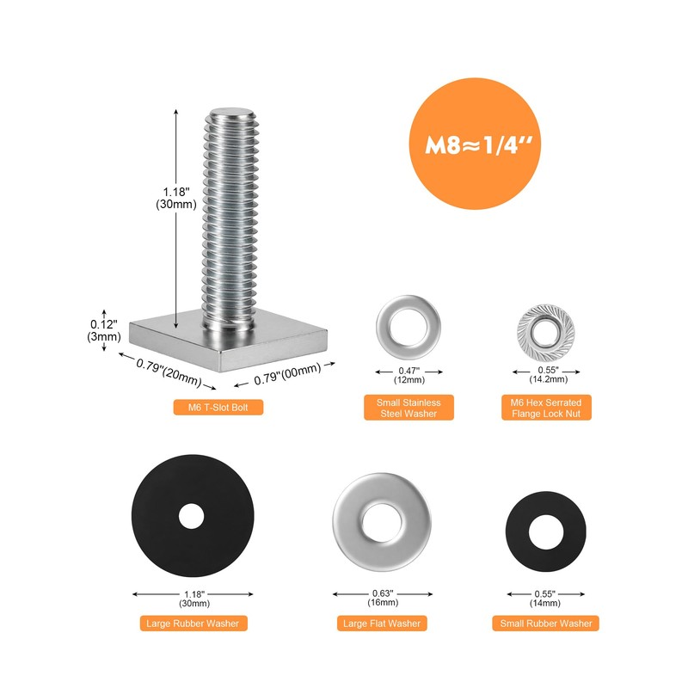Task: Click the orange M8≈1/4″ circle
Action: (x=475, y=144)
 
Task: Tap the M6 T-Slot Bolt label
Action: (x=218, y=407)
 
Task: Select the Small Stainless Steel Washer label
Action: (x=408, y=408)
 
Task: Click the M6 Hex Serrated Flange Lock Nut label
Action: (x=546, y=408)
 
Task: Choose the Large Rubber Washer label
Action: (x=193, y=623)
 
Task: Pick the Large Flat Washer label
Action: (x=382, y=623)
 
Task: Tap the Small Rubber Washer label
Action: (x=546, y=623)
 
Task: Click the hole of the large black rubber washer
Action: (x=191, y=516)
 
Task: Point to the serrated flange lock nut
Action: (x=546, y=332)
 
